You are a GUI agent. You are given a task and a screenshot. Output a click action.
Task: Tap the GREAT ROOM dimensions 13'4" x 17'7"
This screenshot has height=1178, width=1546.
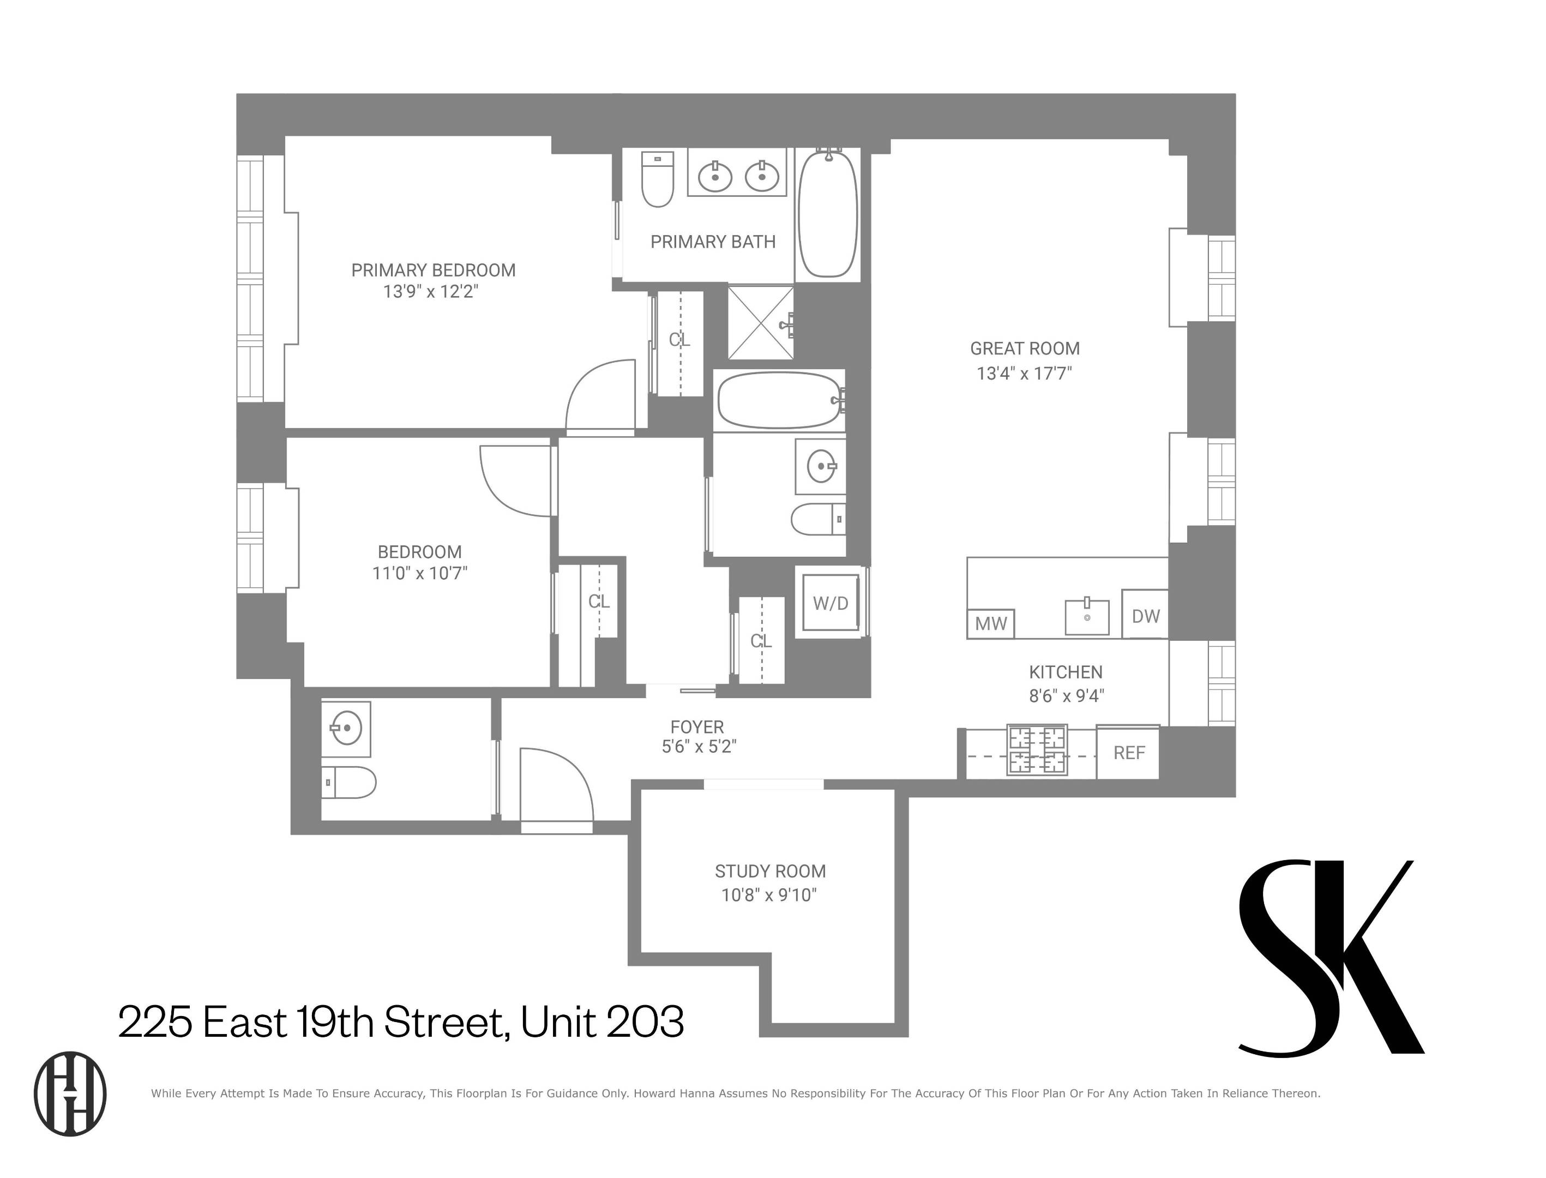point(1024,373)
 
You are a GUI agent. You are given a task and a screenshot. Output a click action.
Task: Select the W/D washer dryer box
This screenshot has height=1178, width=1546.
point(830,603)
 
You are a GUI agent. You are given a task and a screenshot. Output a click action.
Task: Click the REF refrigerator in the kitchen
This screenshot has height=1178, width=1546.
point(1128,753)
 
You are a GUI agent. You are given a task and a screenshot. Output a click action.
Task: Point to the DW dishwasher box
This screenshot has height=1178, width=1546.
point(1145,616)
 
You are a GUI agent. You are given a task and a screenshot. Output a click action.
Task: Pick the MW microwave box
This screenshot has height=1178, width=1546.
point(990,623)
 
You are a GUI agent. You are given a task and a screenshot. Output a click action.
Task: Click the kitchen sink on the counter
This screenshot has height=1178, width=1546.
point(1087,617)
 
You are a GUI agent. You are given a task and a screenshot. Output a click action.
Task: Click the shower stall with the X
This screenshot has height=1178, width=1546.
point(760,322)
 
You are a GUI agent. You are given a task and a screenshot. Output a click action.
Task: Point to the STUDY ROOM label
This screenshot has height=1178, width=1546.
point(770,872)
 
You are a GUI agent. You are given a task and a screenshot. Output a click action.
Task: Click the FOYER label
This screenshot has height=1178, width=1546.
point(696,727)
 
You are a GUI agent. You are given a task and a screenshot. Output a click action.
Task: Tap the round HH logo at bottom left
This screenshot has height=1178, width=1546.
point(70,1094)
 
